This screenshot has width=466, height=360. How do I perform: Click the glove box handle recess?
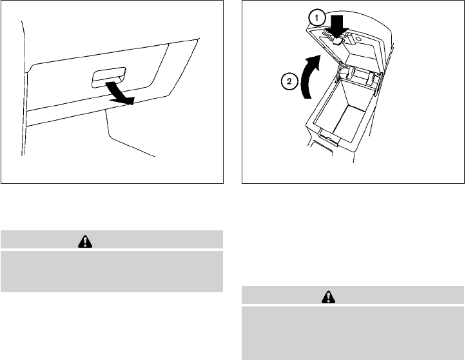(108, 81)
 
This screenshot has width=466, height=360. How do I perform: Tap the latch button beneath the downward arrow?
(338, 40)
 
